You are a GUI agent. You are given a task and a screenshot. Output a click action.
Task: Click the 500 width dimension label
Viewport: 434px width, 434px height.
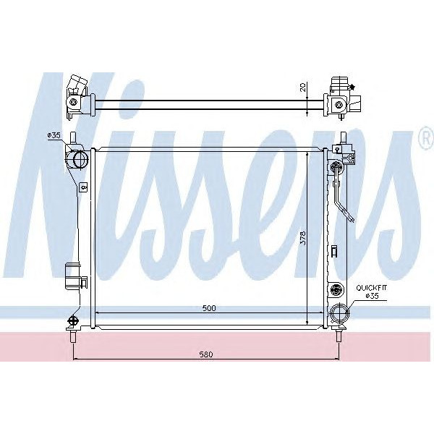click(x=209, y=307)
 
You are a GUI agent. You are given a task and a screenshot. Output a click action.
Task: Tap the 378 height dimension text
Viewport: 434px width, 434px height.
click(x=303, y=239)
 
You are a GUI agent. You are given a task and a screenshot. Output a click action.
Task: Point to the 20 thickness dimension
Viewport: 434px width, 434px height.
click(x=303, y=88)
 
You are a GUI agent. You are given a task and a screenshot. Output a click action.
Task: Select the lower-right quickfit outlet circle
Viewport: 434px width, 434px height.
click(x=339, y=315)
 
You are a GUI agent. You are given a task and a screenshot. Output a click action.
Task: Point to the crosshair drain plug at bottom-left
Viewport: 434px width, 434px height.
click(x=72, y=320)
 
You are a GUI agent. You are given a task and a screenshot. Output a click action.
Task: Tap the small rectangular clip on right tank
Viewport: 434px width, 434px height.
click(x=333, y=251)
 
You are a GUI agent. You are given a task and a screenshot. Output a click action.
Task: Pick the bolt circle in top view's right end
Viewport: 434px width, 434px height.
click(x=339, y=104)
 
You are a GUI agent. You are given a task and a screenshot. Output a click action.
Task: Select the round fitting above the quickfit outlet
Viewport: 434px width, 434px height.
click(x=334, y=289)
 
